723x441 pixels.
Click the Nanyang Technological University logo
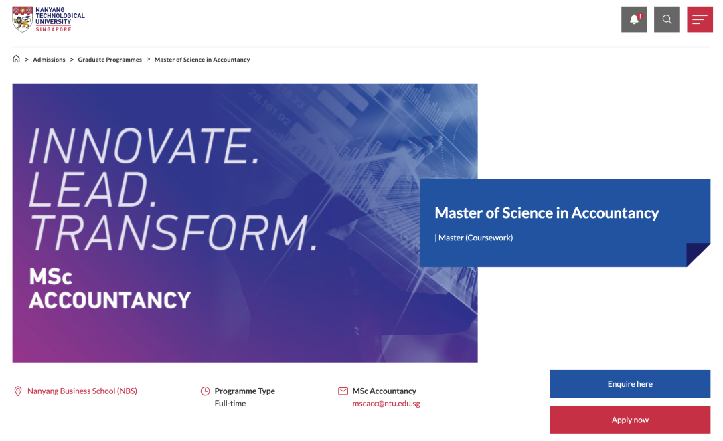[48, 19]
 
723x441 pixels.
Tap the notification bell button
[634, 19]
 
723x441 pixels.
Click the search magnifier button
[667, 19]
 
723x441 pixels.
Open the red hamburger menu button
[700, 19]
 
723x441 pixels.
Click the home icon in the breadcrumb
[16, 58]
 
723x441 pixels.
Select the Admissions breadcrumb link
[49, 60]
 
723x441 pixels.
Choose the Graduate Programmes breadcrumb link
[110, 60]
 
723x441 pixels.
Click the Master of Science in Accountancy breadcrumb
[202, 60]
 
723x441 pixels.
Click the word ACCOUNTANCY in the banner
[110, 300]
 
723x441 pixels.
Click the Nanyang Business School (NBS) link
[82, 391]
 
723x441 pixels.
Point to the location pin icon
[18, 391]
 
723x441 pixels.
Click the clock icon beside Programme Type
[206, 391]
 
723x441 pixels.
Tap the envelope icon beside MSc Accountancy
[343, 391]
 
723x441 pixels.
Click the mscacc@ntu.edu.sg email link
[386, 404]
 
